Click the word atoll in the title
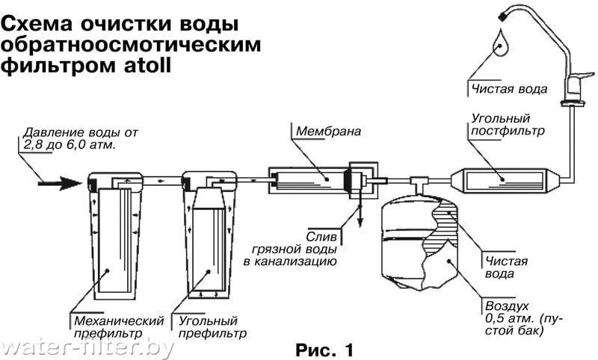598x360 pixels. tap(147, 65)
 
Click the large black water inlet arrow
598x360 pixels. tap(60, 183)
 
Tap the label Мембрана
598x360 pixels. tap(328, 131)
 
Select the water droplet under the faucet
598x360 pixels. tap(500, 43)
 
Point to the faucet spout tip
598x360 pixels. tap(502, 16)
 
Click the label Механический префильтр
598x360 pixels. tap(119, 327)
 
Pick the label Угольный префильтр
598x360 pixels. tap(212, 327)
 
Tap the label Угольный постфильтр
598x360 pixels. tap(508, 124)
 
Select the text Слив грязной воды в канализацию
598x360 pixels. tap(291, 249)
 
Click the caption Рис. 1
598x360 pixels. tap(325, 350)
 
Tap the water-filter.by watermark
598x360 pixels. tap(87, 347)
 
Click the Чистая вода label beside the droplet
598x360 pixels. tap(509, 89)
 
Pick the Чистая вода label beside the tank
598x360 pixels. tap(506, 267)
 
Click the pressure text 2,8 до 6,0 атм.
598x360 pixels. tap(69, 145)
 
